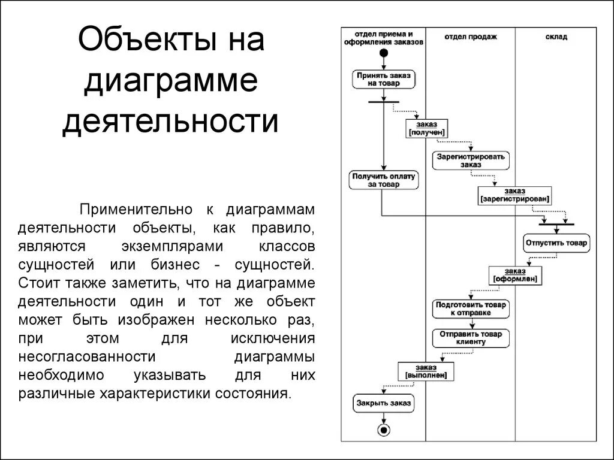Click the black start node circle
pos(384,53)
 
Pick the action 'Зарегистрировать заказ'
pos(471,160)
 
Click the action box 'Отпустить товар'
pos(556,244)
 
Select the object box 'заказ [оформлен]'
pos(515,275)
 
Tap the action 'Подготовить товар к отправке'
pos(471,308)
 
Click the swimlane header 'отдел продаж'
pos(471,37)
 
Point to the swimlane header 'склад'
pos(556,37)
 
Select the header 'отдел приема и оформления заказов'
pos(384,38)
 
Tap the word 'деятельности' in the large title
pos(170,120)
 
